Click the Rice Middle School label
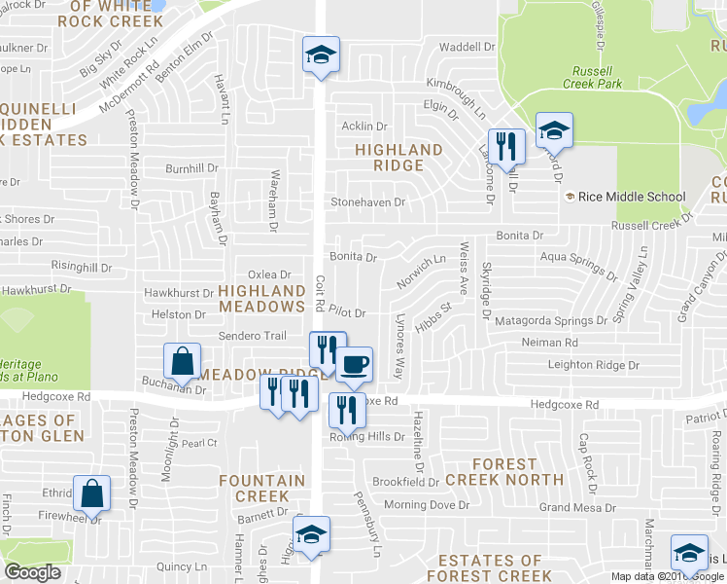click(x=632, y=197)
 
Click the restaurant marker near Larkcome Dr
click(x=506, y=147)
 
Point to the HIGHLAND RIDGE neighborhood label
click(x=398, y=157)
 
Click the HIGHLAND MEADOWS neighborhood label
click(x=261, y=298)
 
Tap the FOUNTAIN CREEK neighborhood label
click(x=255, y=489)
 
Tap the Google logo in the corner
click(x=32, y=572)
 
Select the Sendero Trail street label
click(x=251, y=336)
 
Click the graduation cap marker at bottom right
click(x=689, y=553)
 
